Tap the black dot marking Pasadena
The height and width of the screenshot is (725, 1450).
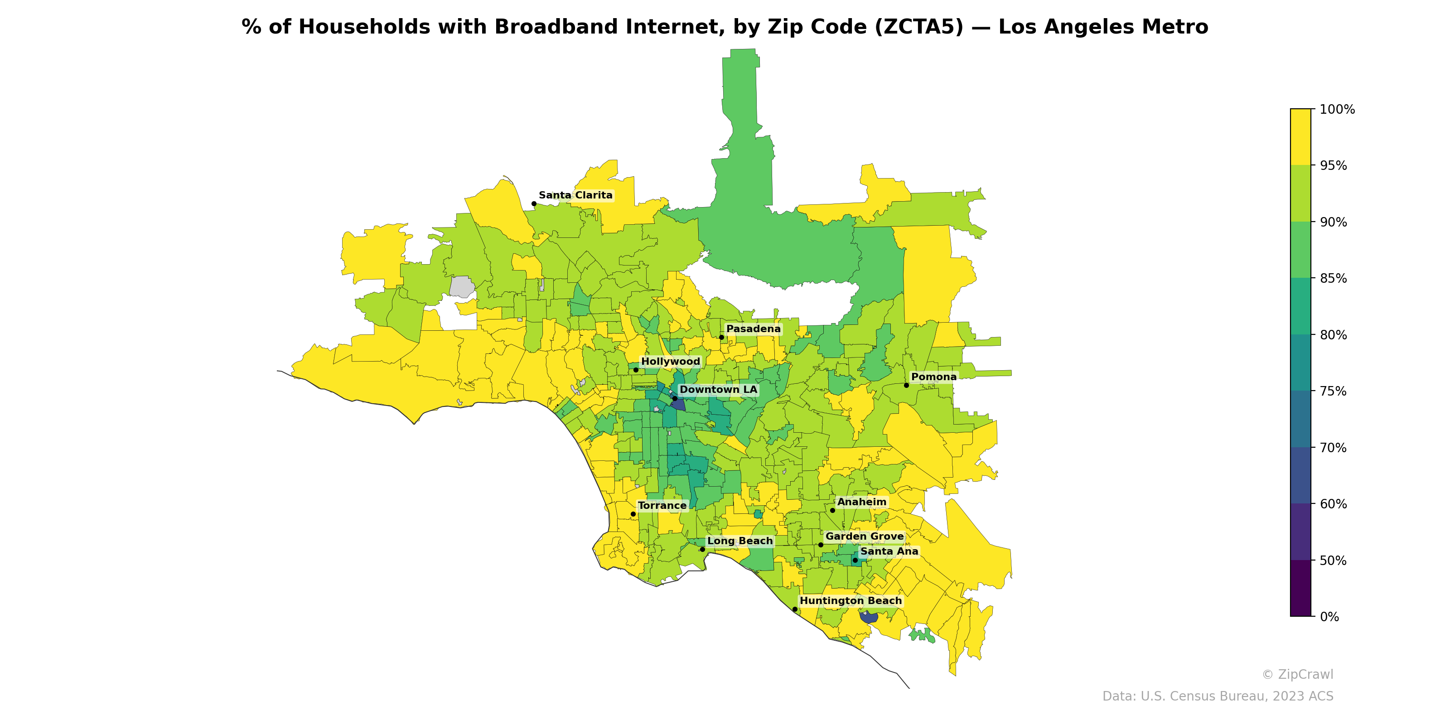click(x=721, y=337)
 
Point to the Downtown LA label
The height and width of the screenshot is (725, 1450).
click(x=718, y=390)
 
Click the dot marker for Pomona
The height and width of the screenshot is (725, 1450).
click(x=906, y=385)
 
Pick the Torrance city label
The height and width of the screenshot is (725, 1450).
click(x=662, y=506)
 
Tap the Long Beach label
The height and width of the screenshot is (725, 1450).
click(x=739, y=541)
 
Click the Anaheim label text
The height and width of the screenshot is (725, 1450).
click(x=861, y=502)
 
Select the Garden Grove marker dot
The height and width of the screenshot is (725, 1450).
click(x=820, y=544)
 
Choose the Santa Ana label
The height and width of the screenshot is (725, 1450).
click(x=888, y=551)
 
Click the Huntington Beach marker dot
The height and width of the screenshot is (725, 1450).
click(x=794, y=609)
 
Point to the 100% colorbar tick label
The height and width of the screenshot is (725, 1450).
click(x=1337, y=109)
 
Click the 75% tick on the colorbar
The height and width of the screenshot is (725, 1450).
click(x=1333, y=391)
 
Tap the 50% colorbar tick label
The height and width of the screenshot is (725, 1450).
click(x=1333, y=561)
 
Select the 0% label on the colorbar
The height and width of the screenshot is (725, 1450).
click(x=1329, y=617)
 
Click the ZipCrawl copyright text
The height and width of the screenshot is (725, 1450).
click(x=1297, y=674)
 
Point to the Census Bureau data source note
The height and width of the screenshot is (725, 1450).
click(x=1217, y=696)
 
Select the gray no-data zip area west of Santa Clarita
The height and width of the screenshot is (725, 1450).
click(x=462, y=286)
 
